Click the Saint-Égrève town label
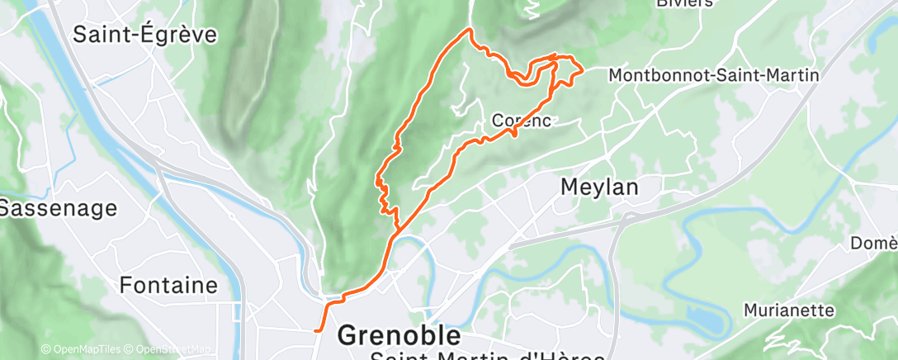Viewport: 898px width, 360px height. pyautogui.click(x=145, y=35)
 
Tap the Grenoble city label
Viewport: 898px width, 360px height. pyautogui.click(x=399, y=336)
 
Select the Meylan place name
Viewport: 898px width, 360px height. pyautogui.click(x=599, y=187)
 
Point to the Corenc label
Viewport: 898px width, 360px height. pyautogui.click(x=521, y=121)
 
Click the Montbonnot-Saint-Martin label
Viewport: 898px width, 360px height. pyautogui.click(x=713, y=75)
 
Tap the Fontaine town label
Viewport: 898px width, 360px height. pyautogui.click(x=168, y=286)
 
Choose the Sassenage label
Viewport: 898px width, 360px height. pyautogui.click(x=58, y=209)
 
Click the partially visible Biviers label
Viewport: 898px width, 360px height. pyautogui.click(x=684, y=3)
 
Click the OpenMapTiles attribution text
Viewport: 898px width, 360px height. pyautogui.click(x=81, y=349)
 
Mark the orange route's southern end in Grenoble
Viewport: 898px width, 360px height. pyautogui.click(x=316, y=330)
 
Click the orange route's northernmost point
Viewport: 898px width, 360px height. pyautogui.click(x=470, y=30)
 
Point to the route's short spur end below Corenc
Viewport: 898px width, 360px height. pyautogui.click(x=516, y=135)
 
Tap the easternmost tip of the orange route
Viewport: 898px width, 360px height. pyautogui.click(x=583, y=70)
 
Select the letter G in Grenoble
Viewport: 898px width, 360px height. pyautogui.click(x=350, y=336)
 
